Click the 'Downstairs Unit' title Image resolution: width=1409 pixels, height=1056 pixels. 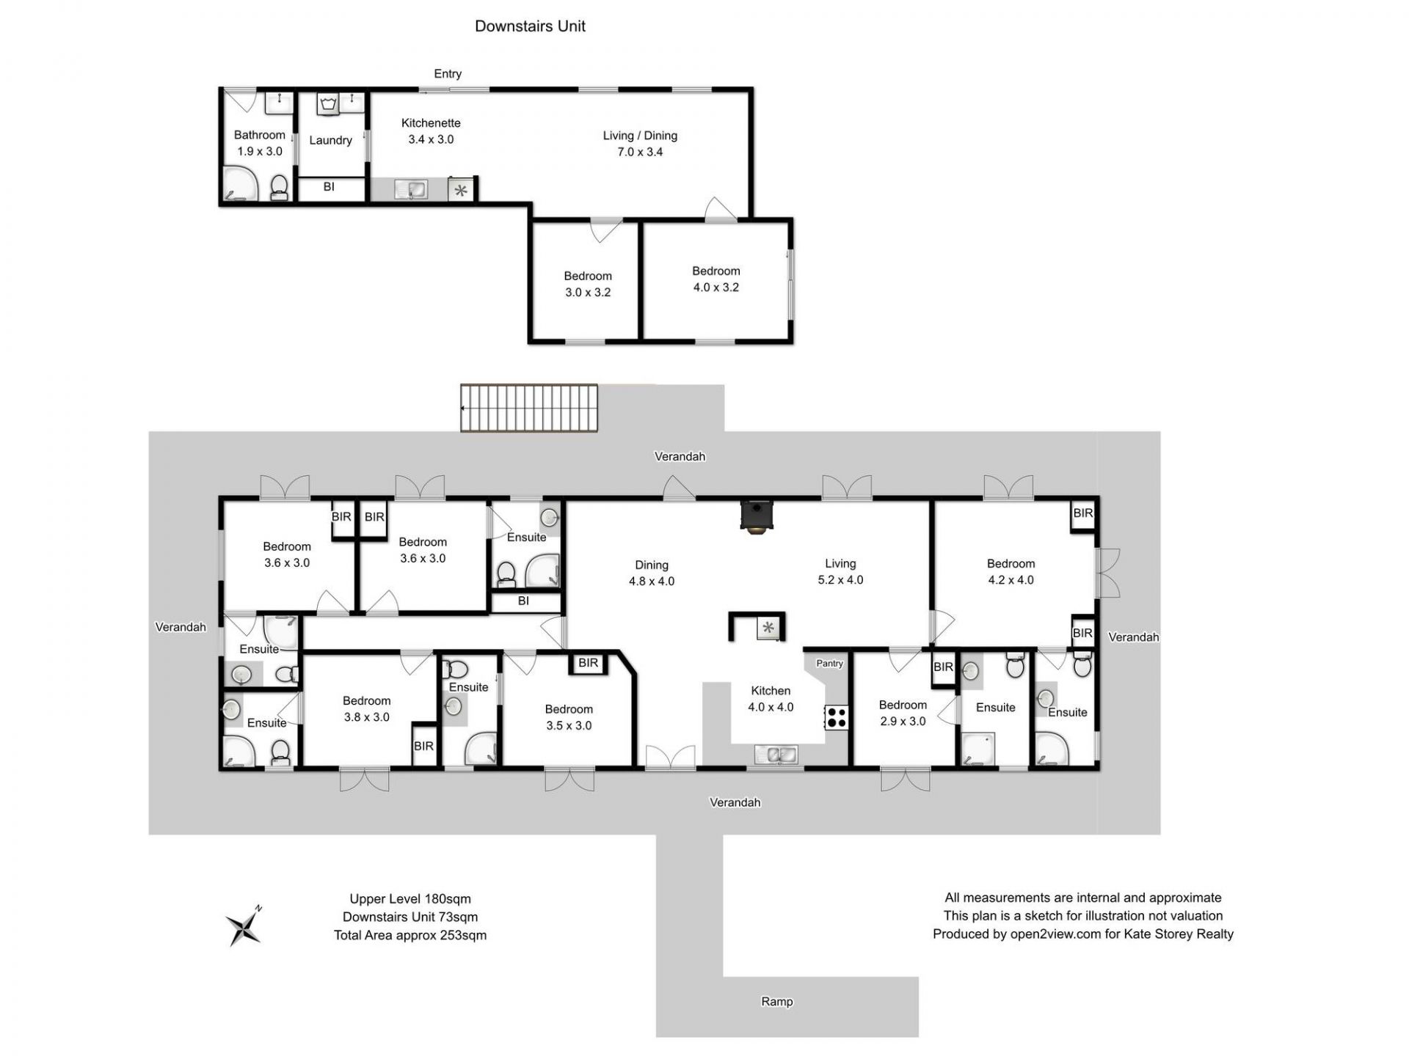tap(530, 26)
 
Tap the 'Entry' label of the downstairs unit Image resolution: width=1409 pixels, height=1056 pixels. tap(448, 73)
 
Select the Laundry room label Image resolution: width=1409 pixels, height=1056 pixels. tap(330, 140)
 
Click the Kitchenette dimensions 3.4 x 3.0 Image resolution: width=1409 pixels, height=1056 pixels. tap(431, 139)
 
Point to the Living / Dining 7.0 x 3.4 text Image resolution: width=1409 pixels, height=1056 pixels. tap(640, 144)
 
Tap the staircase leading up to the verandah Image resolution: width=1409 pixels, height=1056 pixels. tap(529, 408)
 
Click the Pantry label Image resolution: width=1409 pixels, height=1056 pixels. tap(829, 663)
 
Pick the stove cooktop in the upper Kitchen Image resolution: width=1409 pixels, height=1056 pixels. tap(837, 717)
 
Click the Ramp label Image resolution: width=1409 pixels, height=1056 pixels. tap(777, 1002)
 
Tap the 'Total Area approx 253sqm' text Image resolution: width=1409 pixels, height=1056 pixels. tap(410, 935)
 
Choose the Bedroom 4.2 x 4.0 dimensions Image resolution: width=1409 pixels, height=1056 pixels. tap(1011, 579)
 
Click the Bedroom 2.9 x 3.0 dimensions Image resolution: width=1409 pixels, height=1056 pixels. tap(903, 721)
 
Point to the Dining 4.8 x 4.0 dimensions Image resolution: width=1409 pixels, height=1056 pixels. tap(652, 581)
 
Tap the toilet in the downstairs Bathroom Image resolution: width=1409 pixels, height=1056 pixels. tap(279, 188)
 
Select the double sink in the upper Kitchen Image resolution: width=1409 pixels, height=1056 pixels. tap(775, 755)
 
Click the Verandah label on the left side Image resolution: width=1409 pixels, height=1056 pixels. tap(181, 627)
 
